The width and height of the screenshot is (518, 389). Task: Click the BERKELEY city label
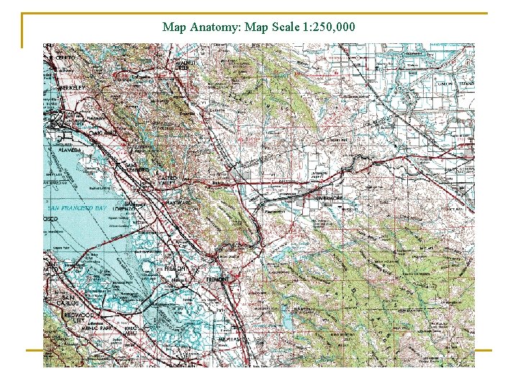(72, 87)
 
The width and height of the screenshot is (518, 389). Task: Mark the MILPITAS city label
(230, 338)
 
